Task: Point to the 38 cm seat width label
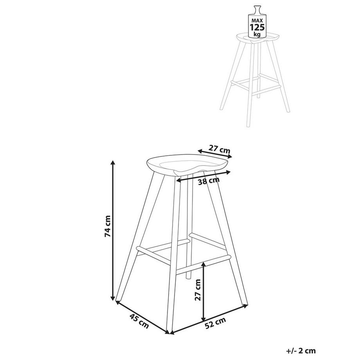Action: [208, 181]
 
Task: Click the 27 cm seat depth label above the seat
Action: [219, 149]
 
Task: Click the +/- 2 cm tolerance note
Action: [301, 351]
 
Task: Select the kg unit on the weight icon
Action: [257, 34]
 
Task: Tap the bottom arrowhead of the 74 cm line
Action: [113, 299]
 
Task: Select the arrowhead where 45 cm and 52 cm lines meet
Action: [169, 333]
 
